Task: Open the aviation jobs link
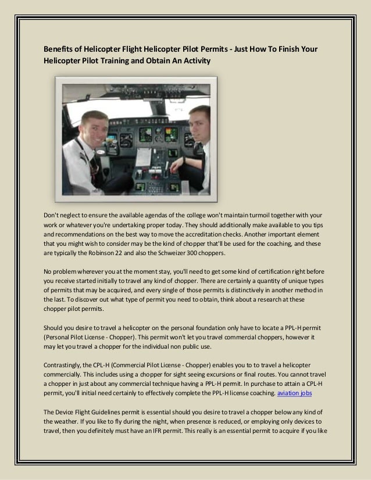point(295,393)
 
